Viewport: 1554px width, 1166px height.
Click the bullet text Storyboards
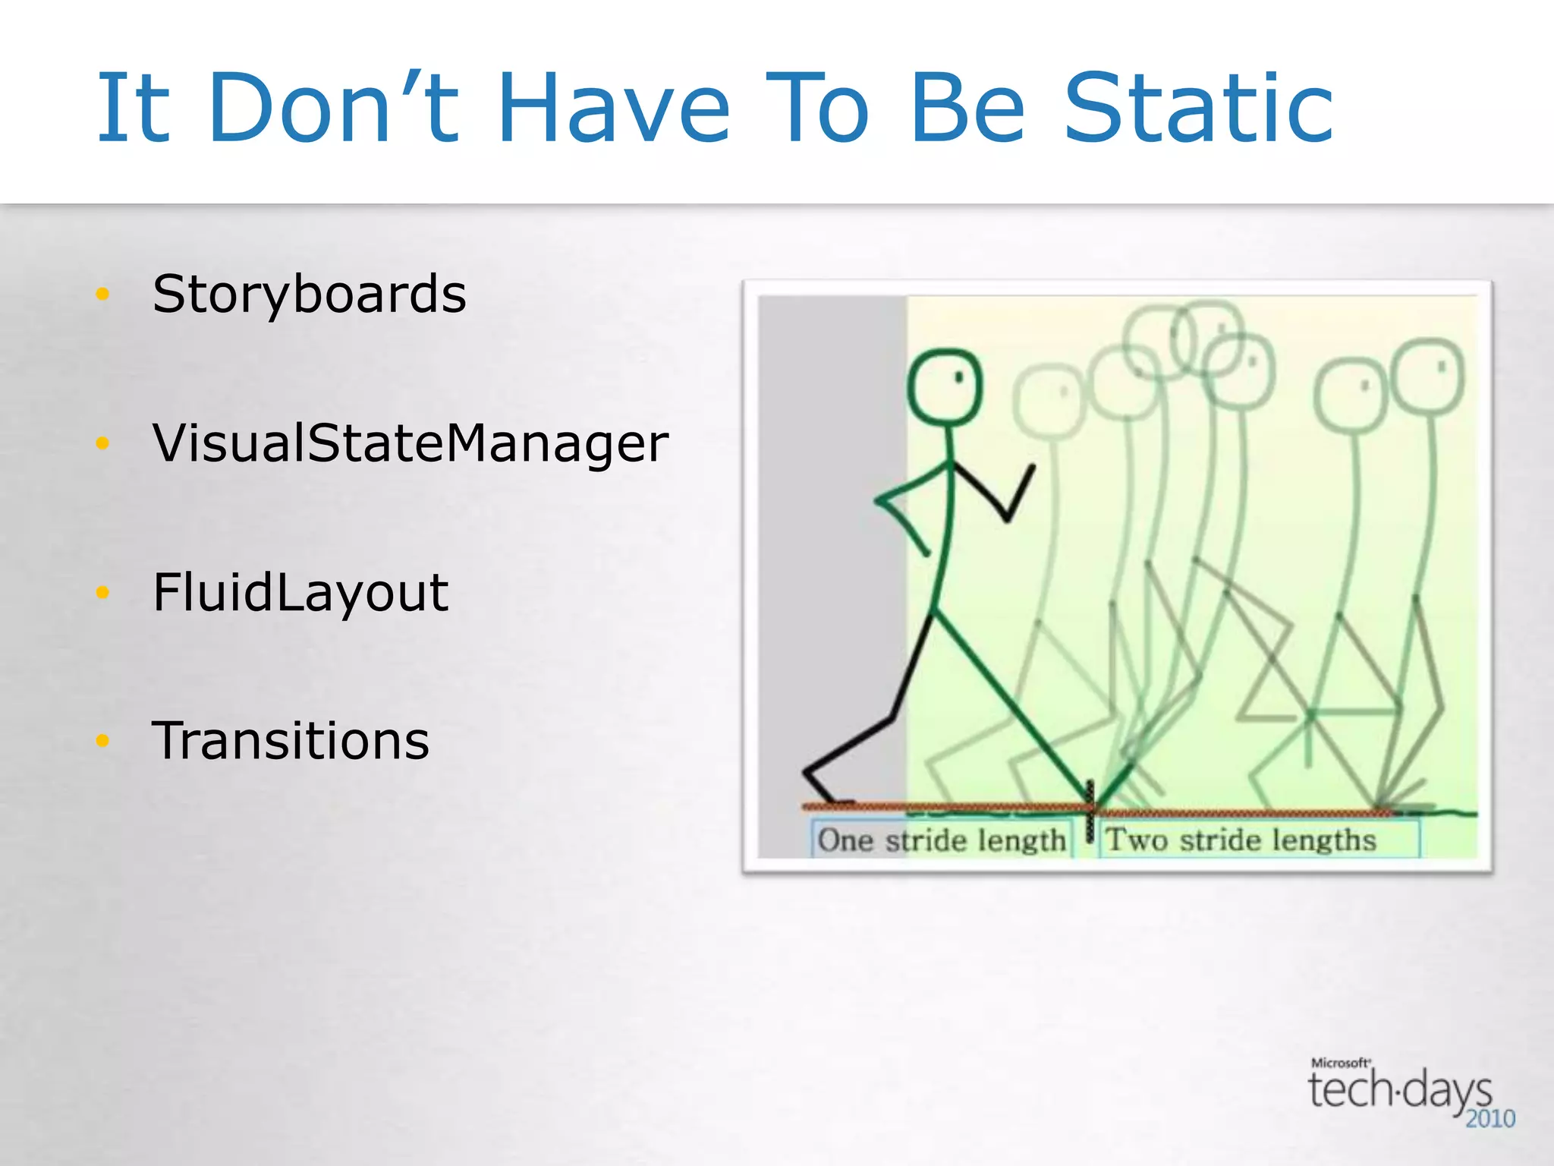(x=309, y=295)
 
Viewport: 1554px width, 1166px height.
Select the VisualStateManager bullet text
(x=410, y=443)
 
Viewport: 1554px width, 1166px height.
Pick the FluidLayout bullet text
(x=300, y=593)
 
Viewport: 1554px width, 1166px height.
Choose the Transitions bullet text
(x=291, y=741)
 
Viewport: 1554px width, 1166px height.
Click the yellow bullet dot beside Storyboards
(x=103, y=295)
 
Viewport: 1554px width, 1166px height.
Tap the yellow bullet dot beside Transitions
(x=103, y=741)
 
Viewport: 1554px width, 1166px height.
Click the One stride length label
(x=942, y=840)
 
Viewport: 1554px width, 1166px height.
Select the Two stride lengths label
(x=1241, y=840)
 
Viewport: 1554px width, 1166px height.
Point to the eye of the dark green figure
(x=959, y=376)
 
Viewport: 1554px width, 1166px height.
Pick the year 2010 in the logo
(x=1490, y=1119)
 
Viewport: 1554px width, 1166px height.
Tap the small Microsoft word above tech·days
(x=1339, y=1063)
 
